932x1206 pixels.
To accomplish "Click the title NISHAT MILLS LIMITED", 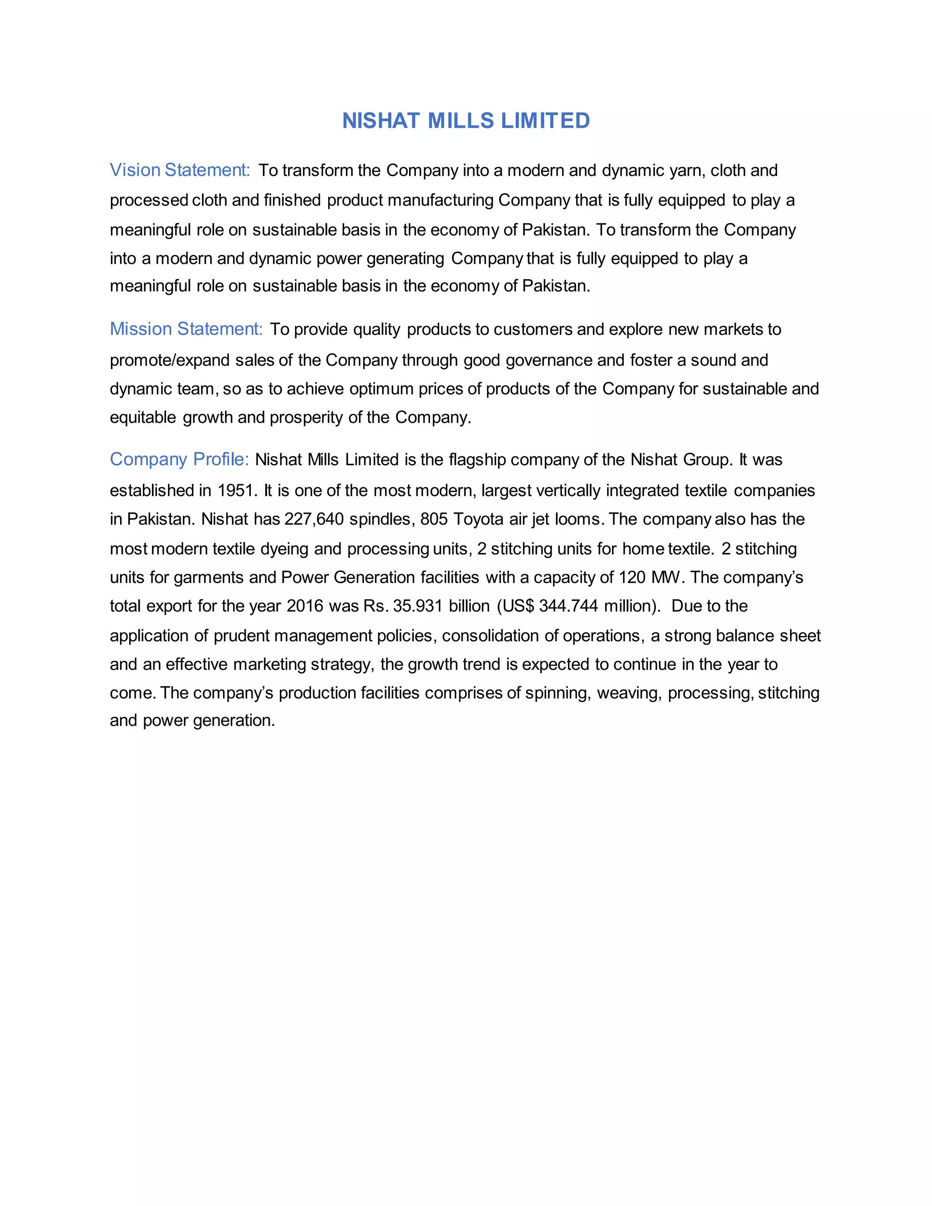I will pos(466,121).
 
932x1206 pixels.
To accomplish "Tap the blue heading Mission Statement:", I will pos(186,329).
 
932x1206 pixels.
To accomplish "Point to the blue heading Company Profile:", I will pos(179,460).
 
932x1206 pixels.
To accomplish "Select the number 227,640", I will pos(314,519).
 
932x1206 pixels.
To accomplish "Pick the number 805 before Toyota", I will pos(433,519).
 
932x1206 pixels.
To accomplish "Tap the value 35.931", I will pos(417,606).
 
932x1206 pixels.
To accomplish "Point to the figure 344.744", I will pos(568,606).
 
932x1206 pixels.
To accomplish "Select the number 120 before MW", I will pos(632,577).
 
